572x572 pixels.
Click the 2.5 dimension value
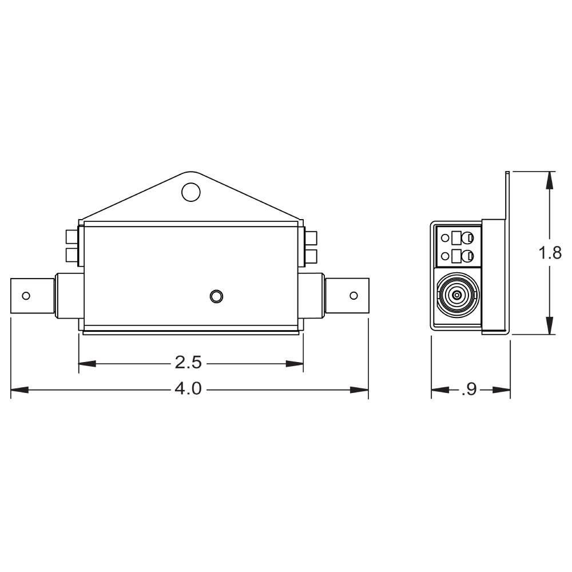[188, 363]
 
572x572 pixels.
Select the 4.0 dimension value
[188, 389]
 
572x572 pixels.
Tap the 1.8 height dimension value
[550, 252]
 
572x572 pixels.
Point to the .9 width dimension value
[469, 390]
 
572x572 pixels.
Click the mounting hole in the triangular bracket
[191, 192]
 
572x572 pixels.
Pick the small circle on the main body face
[216, 296]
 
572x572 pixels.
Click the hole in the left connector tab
[26, 296]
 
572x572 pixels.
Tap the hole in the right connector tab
[353, 296]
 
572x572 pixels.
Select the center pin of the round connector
[456, 295]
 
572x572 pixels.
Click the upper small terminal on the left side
[71, 237]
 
